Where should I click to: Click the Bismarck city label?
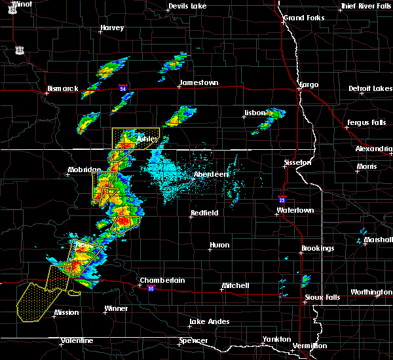tap(64, 88)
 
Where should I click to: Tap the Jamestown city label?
tap(199, 82)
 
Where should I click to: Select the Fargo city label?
tap(309, 85)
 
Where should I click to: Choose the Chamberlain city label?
tap(162, 280)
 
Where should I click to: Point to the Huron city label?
tap(219, 245)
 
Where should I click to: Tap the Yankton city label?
tap(276, 339)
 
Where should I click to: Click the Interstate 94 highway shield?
tap(123, 86)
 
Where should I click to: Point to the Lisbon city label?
tap(255, 113)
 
